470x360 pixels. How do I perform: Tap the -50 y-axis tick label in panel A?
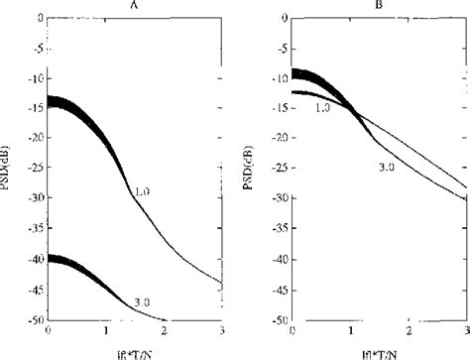tap(35, 320)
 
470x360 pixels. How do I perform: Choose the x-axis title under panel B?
tap(378, 349)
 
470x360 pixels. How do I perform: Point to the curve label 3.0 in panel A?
tap(142, 301)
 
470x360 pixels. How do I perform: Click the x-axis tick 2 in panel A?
tap(166, 330)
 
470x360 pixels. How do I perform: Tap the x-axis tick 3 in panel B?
tap(465, 330)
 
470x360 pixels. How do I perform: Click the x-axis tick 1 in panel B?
tap(349, 330)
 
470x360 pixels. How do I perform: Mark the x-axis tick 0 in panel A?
tap(49, 330)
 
